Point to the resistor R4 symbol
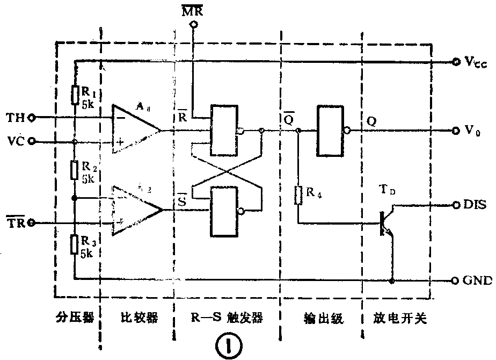[x=298, y=194]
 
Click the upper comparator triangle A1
[x=135, y=129]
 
